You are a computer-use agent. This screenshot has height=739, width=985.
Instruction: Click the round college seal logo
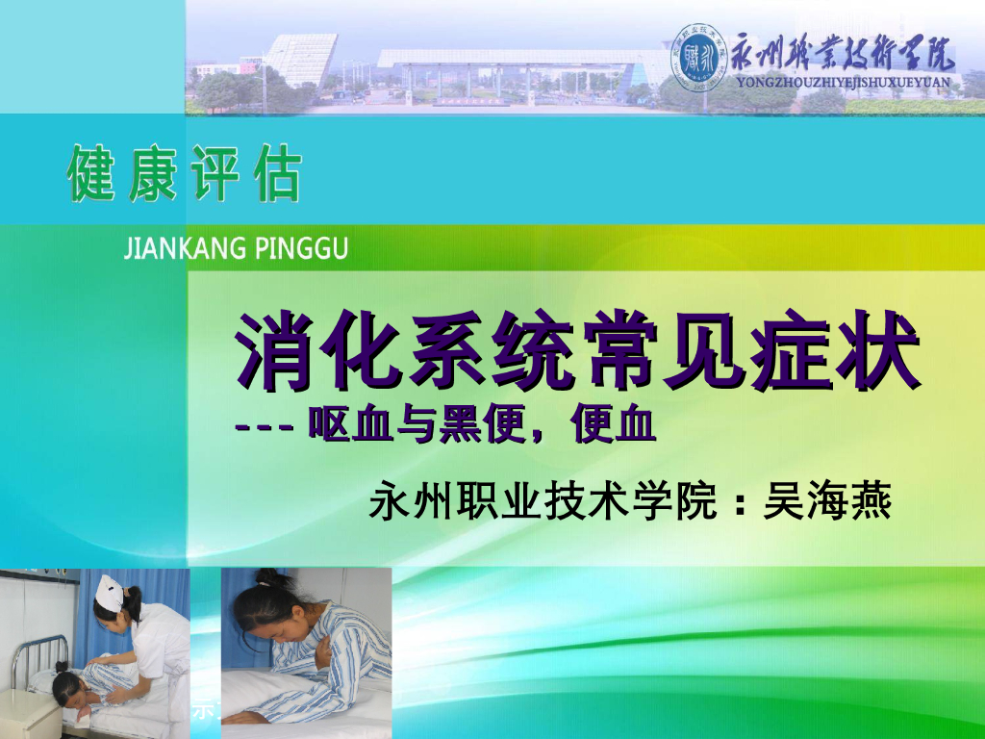point(700,56)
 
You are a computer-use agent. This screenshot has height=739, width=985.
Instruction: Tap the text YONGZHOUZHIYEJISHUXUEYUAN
point(843,83)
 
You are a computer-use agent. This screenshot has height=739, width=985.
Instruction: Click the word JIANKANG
point(177,250)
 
